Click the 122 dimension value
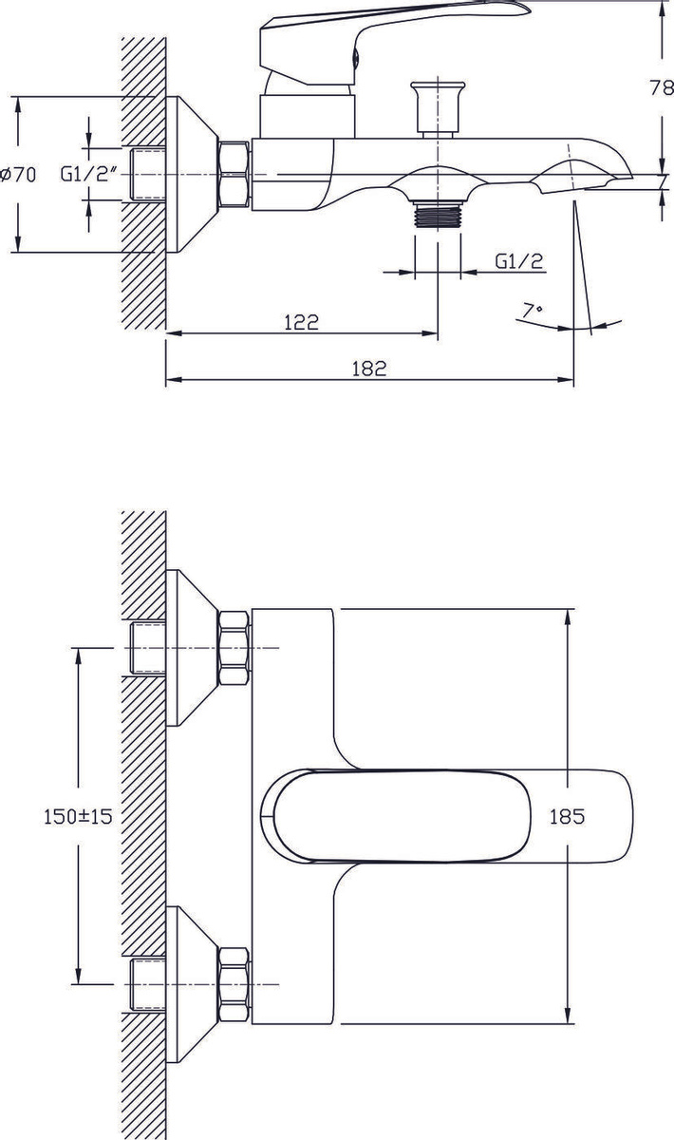pyautogui.click(x=301, y=322)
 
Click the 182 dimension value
pyautogui.click(x=369, y=369)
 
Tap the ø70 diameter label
pyautogui.click(x=19, y=175)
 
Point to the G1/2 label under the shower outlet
pyautogui.click(x=519, y=261)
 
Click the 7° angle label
pyautogui.click(x=533, y=310)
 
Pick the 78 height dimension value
pyautogui.click(x=662, y=88)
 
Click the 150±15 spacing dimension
pyautogui.click(x=78, y=816)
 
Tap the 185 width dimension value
pyautogui.click(x=567, y=816)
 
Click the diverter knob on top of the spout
pyautogui.click(x=438, y=108)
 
